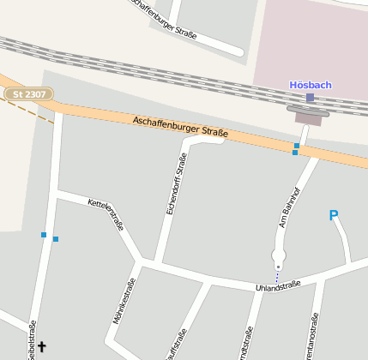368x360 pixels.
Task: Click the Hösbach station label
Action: click(310, 85)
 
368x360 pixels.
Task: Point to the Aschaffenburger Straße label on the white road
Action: click(164, 18)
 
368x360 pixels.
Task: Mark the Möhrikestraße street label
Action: click(124, 305)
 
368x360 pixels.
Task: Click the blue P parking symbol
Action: click(334, 216)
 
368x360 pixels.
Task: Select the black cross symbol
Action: click(41, 346)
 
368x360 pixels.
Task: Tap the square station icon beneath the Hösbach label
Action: click(310, 98)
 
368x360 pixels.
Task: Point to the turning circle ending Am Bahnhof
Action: click(278, 255)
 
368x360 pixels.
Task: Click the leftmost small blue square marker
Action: click(43, 234)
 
